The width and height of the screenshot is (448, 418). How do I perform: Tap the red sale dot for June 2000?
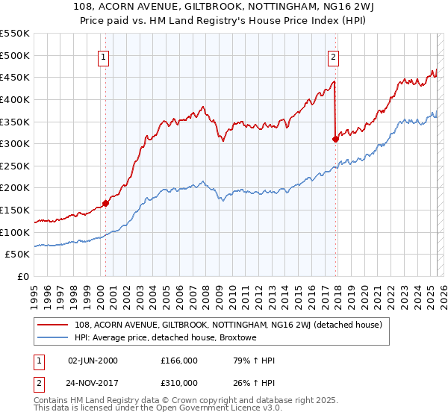coord(105,202)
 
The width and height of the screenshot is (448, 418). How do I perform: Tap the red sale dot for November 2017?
coord(336,138)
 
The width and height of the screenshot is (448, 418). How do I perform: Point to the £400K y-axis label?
coord(15,99)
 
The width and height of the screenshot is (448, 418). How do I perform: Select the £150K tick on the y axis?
coord(15,210)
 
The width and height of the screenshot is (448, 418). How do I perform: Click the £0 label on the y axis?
coord(23,277)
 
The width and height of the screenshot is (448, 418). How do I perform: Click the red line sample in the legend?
coord(52,325)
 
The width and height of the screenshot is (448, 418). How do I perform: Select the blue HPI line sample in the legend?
coord(52,337)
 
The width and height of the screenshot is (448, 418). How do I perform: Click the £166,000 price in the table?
coord(179,361)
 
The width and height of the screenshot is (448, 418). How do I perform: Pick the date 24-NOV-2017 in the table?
coord(96,382)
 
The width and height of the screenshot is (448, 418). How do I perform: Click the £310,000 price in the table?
coord(179,382)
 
